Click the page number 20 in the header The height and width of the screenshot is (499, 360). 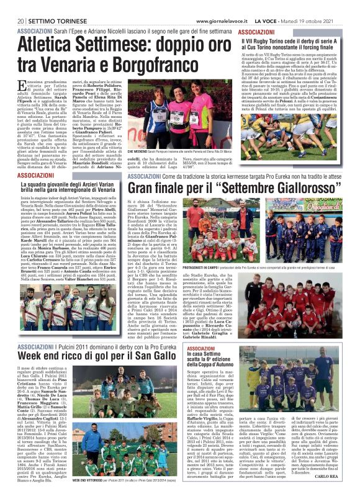coord(12,6)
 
